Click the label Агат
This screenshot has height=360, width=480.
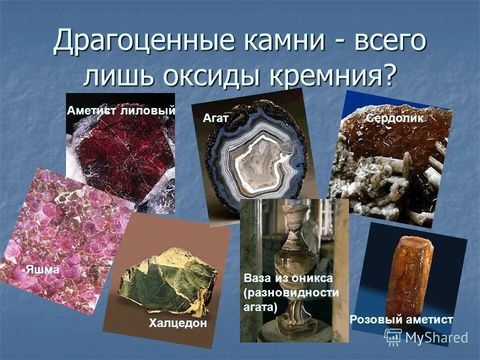click(x=216, y=118)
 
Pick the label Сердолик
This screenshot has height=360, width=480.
click(x=395, y=118)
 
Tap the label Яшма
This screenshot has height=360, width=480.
click(x=42, y=269)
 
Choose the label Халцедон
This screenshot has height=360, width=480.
click(x=177, y=323)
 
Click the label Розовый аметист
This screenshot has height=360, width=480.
click(x=401, y=319)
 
